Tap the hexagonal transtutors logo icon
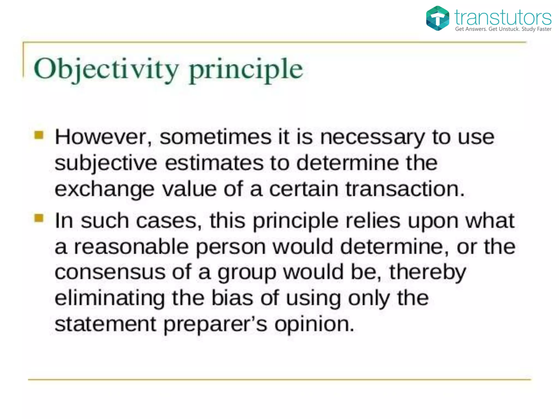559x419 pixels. [437, 18]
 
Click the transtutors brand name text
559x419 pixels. [503, 17]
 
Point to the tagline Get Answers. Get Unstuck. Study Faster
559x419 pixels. [503, 29]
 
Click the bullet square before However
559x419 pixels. [39, 135]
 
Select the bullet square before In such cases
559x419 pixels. [39, 218]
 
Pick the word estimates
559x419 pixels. [214, 163]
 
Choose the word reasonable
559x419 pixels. [131, 247]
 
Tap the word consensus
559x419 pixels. [110, 272]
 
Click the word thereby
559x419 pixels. [427, 272]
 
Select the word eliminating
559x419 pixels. [110, 298]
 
